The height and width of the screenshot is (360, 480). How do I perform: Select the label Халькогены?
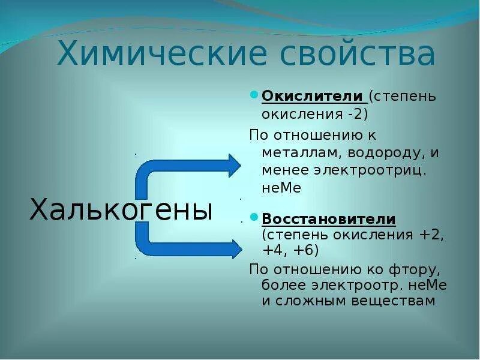click(x=121, y=210)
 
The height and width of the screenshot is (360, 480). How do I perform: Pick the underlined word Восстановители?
click(x=329, y=218)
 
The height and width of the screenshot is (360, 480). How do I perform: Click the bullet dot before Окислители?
click(x=254, y=96)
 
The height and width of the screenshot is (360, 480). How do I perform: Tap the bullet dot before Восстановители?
click(x=254, y=218)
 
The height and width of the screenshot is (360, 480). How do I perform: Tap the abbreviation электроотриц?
click(x=370, y=170)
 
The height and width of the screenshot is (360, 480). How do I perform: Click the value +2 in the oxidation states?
click(x=433, y=235)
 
